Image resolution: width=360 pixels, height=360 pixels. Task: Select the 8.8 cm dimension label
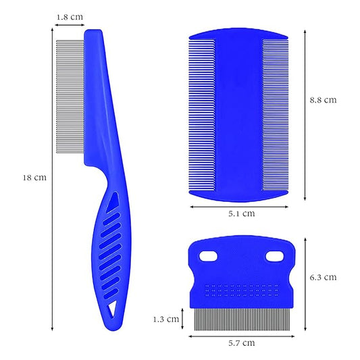tap(322, 100)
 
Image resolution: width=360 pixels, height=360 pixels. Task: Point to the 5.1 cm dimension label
tap(240, 213)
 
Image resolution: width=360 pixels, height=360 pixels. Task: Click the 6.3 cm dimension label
tap(322, 277)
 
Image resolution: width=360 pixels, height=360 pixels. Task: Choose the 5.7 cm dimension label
tap(240, 343)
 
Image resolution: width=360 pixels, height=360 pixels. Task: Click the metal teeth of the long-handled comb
tap(70, 101)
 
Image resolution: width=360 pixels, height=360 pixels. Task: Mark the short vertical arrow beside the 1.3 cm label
tap(184, 318)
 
